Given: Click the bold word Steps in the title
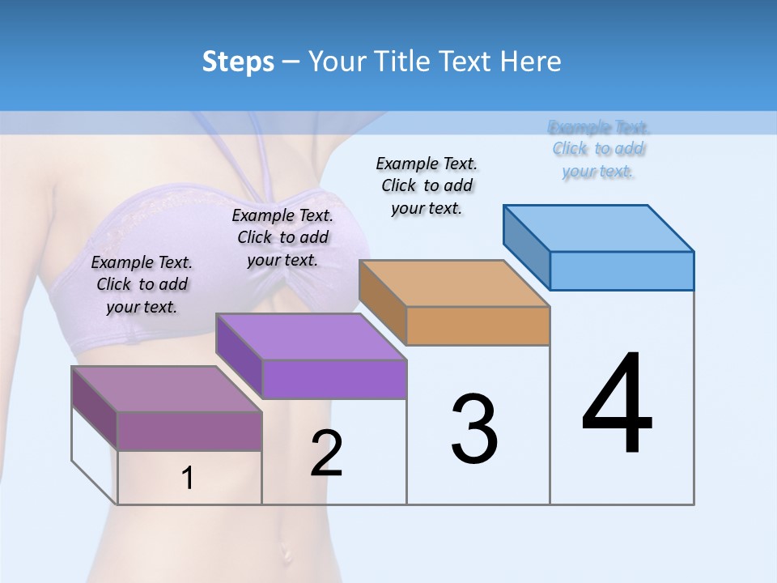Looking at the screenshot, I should pyautogui.click(x=237, y=62).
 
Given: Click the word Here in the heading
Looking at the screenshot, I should pyautogui.click(x=532, y=62).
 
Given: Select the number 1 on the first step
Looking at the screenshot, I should pyautogui.click(x=188, y=479).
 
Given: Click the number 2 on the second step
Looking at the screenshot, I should pyautogui.click(x=326, y=453).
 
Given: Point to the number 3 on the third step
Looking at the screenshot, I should pyautogui.click(x=474, y=429).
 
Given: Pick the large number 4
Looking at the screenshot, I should pyautogui.click(x=617, y=405).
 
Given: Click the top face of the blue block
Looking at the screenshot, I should pyautogui.click(x=599, y=228).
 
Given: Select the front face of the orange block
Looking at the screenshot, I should pyautogui.click(x=478, y=326).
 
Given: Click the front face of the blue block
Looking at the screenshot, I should pyautogui.click(x=622, y=270).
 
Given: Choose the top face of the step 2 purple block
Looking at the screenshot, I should pyautogui.click(x=311, y=337).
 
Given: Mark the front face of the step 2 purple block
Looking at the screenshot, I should pyautogui.click(x=334, y=379).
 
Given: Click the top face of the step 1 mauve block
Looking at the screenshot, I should pyautogui.click(x=167, y=389).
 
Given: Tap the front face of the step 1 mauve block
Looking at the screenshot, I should pyautogui.click(x=189, y=431).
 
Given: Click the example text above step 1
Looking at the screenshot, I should pyautogui.click(x=142, y=285).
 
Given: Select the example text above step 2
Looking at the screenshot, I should pyautogui.click(x=282, y=238).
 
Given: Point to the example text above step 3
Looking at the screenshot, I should pyautogui.click(x=427, y=185).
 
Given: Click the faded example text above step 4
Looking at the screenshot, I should pyautogui.click(x=599, y=149).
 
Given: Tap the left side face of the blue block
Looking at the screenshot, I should pyautogui.click(x=527, y=247).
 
